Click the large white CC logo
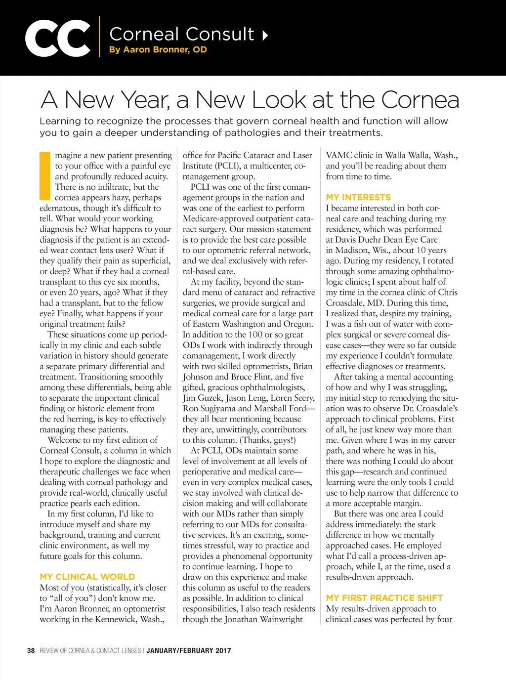click(57, 39)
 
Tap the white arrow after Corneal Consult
click(265, 35)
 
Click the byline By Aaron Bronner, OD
click(158, 50)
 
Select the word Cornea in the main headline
click(420, 100)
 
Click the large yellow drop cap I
click(45, 175)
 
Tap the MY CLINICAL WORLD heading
click(87, 577)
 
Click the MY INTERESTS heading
click(358, 197)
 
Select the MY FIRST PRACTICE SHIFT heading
click(384, 598)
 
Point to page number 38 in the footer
click(31, 650)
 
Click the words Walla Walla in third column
click(408, 156)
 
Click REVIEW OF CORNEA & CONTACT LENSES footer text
click(90, 650)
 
